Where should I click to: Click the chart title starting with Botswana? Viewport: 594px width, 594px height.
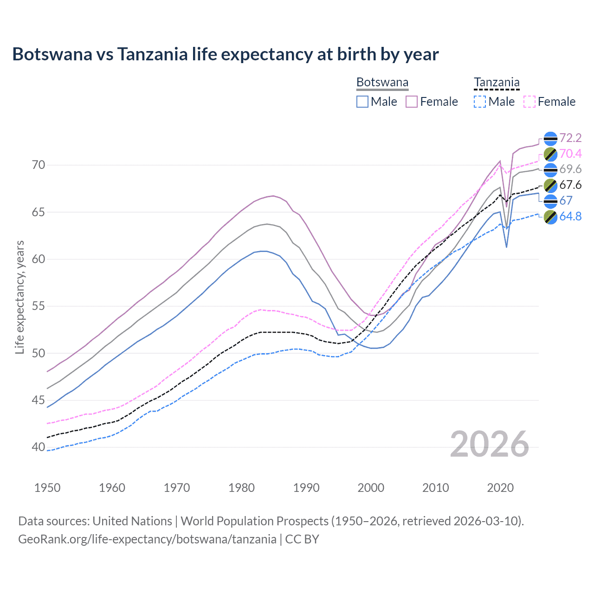[226, 54]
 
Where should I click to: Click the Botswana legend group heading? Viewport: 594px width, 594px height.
[382, 83]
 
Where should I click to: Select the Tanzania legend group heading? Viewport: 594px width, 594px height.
[497, 83]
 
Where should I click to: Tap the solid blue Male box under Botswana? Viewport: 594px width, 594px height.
[362, 102]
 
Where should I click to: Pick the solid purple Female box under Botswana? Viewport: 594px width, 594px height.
[412, 102]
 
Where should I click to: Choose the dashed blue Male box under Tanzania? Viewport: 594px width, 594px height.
[480, 102]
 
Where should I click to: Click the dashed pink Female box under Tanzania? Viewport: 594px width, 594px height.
[529, 102]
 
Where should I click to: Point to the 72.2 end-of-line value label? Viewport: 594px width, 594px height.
[570, 138]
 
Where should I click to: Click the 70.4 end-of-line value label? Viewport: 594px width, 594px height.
[570, 154]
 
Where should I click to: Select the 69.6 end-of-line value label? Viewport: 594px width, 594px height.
[570, 169]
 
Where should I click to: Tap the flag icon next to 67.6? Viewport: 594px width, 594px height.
[550, 185]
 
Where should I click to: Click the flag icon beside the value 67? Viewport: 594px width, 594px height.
[550, 201]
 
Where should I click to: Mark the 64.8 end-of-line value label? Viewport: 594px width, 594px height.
[570, 217]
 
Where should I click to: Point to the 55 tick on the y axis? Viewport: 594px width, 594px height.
[39, 306]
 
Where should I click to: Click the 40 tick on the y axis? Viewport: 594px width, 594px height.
[39, 447]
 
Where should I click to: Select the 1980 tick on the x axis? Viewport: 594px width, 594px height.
[241, 488]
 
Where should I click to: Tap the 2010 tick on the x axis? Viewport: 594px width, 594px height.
[435, 488]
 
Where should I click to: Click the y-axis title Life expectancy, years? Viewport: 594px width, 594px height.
[19, 297]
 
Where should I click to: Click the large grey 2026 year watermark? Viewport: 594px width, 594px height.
[490, 444]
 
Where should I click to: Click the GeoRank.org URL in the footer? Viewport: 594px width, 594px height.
[147, 539]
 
